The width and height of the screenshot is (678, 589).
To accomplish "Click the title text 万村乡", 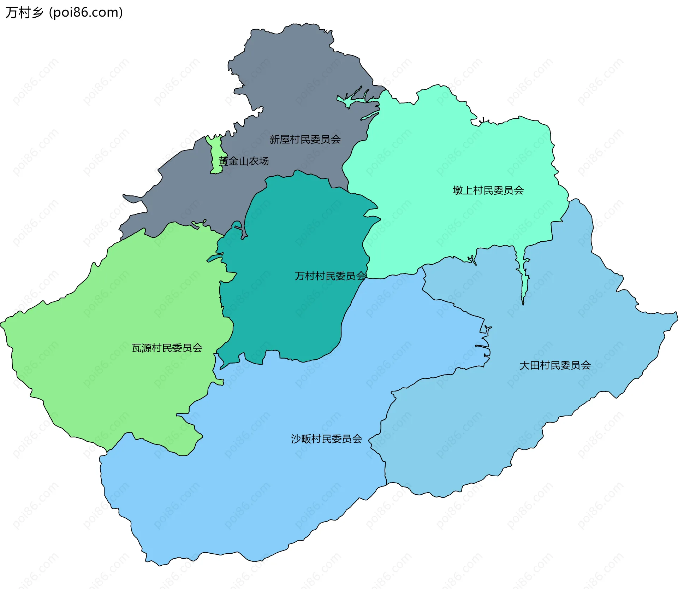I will coord(24,13).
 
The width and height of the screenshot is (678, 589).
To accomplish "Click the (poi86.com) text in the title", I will coord(86,13).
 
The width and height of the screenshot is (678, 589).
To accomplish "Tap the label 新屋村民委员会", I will coord(305,140).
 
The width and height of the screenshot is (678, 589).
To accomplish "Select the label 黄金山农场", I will coord(244,161).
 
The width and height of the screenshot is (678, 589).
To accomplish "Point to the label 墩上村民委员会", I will coord(488,190).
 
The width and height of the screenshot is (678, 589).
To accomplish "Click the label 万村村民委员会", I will coord(330,276).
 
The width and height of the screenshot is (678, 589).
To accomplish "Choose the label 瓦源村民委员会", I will coord(167,348).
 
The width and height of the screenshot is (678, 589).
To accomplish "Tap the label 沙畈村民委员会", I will coord(326,439).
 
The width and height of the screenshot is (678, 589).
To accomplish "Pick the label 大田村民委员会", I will coord(555,365).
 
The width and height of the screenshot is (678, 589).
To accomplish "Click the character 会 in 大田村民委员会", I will coord(586,365).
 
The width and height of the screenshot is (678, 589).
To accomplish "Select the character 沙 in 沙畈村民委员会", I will coord(296,439).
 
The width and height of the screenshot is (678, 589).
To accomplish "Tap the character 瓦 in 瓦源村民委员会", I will coord(136,348).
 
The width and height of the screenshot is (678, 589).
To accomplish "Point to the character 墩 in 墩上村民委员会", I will coord(458,190).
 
